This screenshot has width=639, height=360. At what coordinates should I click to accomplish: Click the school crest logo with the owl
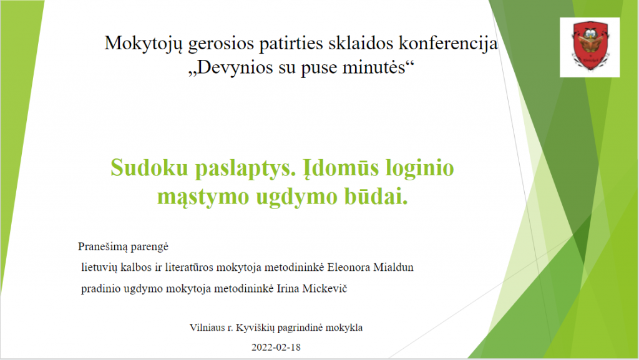click(590, 47)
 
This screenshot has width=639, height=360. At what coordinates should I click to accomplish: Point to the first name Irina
click(287, 288)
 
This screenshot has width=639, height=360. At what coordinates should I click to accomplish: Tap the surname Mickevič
click(324, 288)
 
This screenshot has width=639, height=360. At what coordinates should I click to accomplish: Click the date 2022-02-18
click(276, 348)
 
